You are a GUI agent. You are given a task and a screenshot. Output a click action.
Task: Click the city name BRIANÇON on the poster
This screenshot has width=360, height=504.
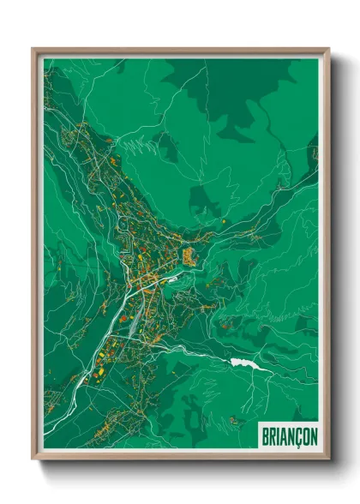pyautogui.click(x=287, y=436)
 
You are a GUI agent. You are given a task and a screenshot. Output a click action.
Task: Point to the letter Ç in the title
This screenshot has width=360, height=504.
pyautogui.click(x=297, y=436)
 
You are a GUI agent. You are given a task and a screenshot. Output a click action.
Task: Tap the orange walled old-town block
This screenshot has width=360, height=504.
pyautogui.click(x=188, y=254)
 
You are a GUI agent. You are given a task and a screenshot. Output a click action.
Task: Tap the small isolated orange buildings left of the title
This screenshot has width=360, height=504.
pyautogui.click(x=233, y=420)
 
